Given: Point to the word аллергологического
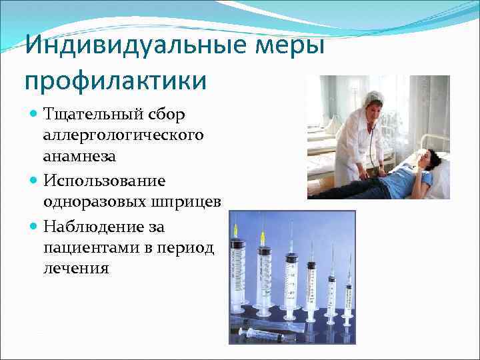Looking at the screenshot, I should coord(123,136).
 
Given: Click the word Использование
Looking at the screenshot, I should coord(104,181).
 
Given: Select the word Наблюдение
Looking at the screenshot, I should coord(97,227).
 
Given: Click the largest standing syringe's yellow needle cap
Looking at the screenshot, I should coord(235,231).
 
